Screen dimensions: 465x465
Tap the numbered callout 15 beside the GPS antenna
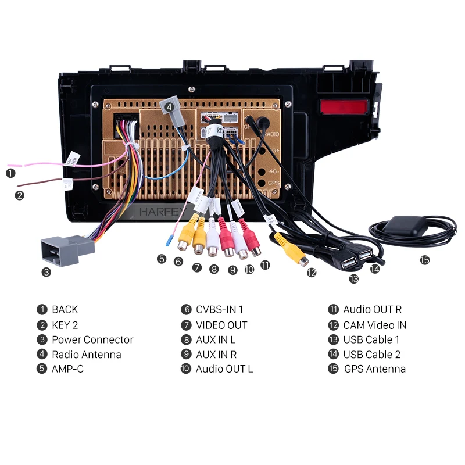pos(425,260)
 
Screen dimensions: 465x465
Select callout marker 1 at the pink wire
pos(10,173)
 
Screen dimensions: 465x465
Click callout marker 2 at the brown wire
pos(20,195)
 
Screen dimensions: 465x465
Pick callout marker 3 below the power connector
pos(46,271)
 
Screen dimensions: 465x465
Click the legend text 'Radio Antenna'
pos(87,355)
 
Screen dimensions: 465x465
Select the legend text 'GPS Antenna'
pos(375,369)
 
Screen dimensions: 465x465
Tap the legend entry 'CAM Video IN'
pos(375,325)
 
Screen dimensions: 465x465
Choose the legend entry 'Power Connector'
pos(92,339)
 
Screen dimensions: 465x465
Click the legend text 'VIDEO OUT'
pos(221,325)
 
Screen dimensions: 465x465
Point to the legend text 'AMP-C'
pos(68,369)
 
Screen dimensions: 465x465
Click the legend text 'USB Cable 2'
pos(372,355)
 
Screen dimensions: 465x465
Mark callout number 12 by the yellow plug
pos(312,272)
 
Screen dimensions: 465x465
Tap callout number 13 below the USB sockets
pos(353,279)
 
